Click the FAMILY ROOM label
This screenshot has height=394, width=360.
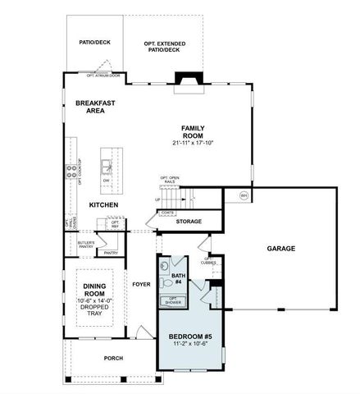[x=194, y=132]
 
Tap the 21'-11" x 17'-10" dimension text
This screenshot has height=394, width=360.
[x=194, y=144]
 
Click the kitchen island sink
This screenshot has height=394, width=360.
[x=106, y=167]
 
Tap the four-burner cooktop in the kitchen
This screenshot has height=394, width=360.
[x=71, y=172]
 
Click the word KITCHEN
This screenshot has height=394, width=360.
[x=104, y=204]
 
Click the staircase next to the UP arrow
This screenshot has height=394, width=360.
[x=179, y=198]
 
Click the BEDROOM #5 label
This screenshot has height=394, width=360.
[x=189, y=337]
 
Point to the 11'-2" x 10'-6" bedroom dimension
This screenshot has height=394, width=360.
[x=189, y=346]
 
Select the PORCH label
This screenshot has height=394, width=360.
[x=113, y=358]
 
